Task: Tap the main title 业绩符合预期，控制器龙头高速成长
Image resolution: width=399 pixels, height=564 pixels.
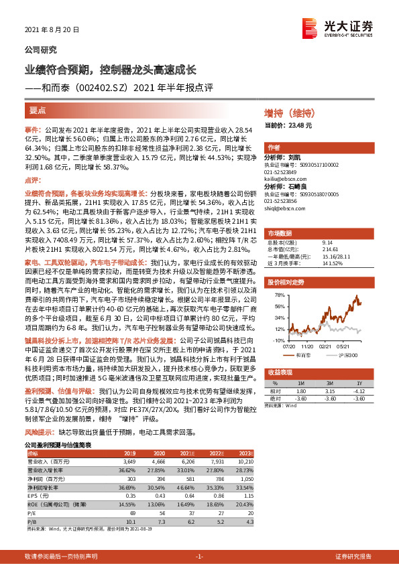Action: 110,69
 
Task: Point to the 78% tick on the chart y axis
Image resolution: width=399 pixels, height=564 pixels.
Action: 279,295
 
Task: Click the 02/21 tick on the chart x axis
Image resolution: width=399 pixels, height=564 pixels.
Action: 325,346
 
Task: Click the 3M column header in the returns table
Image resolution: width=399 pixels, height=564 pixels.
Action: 329,381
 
